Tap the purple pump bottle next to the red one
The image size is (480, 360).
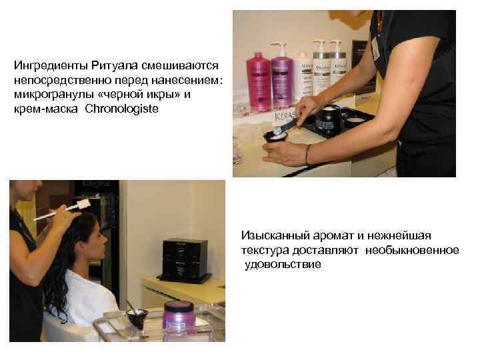coord(281,80)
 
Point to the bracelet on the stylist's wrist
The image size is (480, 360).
coord(307,154)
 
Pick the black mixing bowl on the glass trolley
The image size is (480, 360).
coord(137,315)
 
